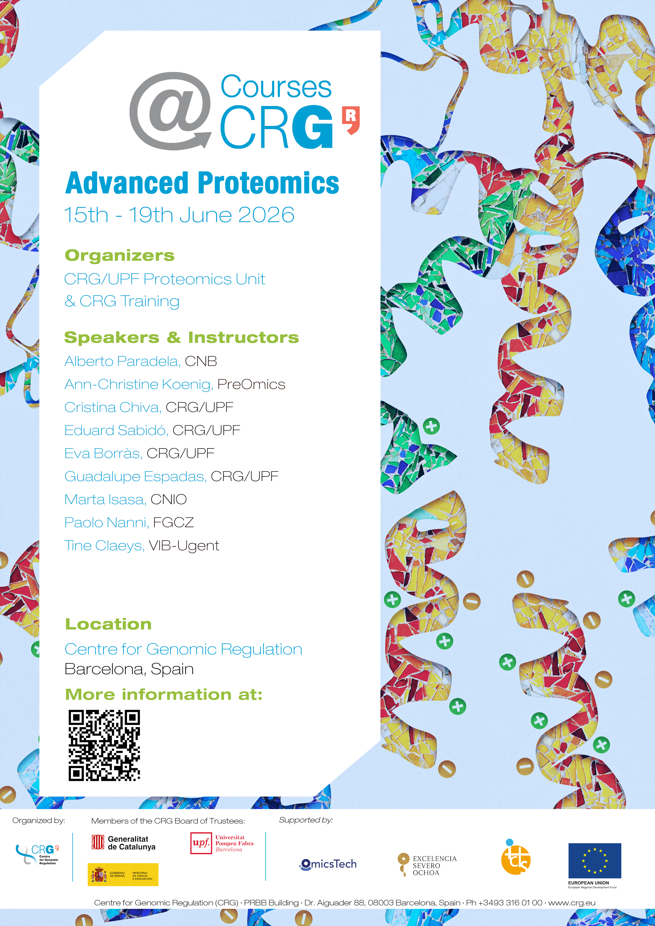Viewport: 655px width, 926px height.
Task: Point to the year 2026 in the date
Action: [266, 215]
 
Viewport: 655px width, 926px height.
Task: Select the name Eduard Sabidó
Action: [116, 430]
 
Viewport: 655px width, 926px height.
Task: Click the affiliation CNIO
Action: [169, 500]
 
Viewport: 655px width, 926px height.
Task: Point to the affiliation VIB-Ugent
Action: [184, 546]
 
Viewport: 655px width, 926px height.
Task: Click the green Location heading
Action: [109, 624]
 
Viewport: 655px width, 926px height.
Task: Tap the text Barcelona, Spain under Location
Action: [129, 669]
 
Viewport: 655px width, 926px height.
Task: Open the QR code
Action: [104, 746]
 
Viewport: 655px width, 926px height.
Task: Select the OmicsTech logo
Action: [328, 864]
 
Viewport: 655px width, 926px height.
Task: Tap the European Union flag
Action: [595, 861]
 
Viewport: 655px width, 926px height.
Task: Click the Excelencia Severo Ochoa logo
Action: [427, 865]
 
